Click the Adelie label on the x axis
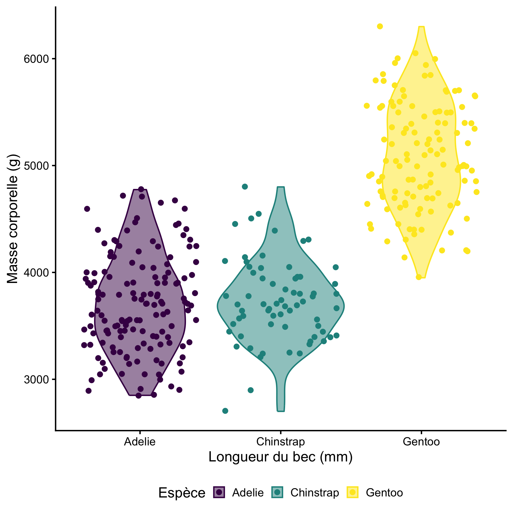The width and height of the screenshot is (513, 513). pyautogui.click(x=140, y=442)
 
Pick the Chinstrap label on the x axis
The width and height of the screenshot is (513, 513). pyautogui.click(x=281, y=442)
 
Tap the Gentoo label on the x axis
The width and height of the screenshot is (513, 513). pyautogui.click(x=421, y=442)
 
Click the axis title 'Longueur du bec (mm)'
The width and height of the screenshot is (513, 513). pyautogui.click(x=281, y=457)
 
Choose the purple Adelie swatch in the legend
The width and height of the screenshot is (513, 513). pyautogui.click(x=219, y=492)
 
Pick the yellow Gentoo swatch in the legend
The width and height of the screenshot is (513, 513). pyautogui.click(x=352, y=492)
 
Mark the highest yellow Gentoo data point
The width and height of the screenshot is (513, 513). pyautogui.click(x=380, y=26)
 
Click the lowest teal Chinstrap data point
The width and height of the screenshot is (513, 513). pyautogui.click(x=225, y=411)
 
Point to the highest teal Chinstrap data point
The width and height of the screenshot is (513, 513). pyautogui.click(x=245, y=186)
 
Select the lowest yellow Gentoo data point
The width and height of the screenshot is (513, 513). pyautogui.click(x=419, y=277)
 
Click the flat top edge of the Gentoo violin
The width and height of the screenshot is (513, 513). pyautogui.click(x=421, y=27)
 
